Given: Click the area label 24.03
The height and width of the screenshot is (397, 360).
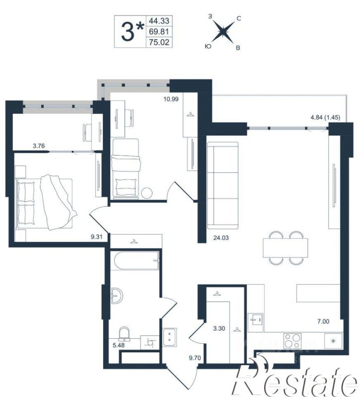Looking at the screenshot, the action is pyautogui.click(x=221, y=238).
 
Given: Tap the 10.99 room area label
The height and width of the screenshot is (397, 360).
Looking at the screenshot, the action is pyautogui.click(x=171, y=99).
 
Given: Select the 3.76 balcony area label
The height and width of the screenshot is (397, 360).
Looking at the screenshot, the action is pyautogui.click(x=39, y=146).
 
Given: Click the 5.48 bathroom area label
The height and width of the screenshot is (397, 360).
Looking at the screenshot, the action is pyautogui.click(x=119, y=345).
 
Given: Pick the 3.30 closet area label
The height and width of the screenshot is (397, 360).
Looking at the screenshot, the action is pyautogui.click(x=219, y=328).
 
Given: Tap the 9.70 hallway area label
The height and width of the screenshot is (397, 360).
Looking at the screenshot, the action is pyautogui.click(x=195, y=358).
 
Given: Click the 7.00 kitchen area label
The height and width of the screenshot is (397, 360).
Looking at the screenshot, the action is pyautogui.click(x=323, y=321).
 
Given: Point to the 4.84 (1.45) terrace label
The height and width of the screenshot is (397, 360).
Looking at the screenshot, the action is pyautogui.click(x=325, y=117).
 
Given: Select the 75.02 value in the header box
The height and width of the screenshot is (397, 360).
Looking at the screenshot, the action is pyautogui.click(x=159, y=42).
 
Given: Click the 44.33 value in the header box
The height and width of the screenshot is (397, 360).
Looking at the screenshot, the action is pyautogui.click(x=159, y=20).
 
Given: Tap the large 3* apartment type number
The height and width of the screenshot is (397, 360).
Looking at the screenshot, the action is pyautogui.click(x=132, y=32).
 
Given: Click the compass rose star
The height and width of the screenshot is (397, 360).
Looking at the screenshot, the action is pyautogui.click(x=223, y=32).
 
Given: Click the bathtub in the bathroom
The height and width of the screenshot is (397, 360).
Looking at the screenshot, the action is pyautogui.click(x=137, y=260).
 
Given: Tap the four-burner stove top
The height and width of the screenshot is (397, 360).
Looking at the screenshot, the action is pyautogui.click(x=292, y=341).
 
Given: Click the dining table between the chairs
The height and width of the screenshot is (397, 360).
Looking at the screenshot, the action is pyautogui.click(x=286, y=248).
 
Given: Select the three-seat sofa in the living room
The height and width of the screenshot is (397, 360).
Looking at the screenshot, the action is pyautogui.click(x=222, y=185).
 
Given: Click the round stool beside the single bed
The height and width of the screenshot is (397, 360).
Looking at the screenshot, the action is pyautogui.click(x=147, y=193).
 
